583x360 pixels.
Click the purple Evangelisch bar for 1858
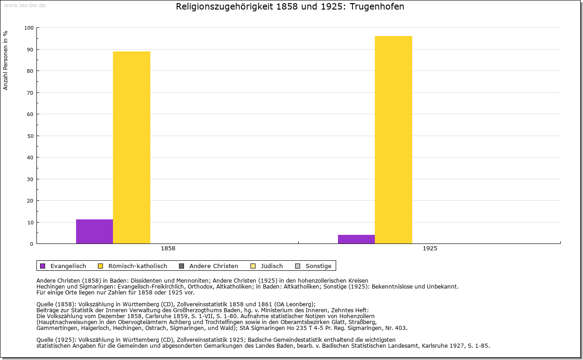pos(94,231)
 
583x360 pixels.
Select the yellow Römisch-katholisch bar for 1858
pos(132,147)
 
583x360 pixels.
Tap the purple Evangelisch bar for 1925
pos(356,239)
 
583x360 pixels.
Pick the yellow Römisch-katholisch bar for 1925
pos(394,140)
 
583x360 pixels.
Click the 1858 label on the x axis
pos(168,249)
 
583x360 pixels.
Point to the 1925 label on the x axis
pos(430,249)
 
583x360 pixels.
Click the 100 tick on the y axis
pos(29,28)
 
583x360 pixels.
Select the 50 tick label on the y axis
pos(30,136)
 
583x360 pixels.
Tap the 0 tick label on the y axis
pos(32,244)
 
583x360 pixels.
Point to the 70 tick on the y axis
pos(30,93)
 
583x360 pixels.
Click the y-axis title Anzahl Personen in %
pos(5,60)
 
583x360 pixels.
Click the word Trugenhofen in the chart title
pos(377,7)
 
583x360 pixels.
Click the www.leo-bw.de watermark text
pos(25,5)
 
